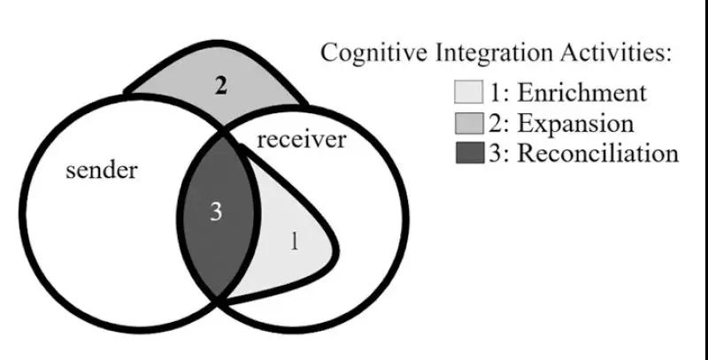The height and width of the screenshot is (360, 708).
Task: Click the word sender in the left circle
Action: point(103,170)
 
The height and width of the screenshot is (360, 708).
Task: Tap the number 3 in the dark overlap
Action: point(216,212)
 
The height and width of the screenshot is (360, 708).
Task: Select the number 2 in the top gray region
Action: point(221,87)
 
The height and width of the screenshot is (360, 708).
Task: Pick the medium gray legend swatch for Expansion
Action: point(467,123)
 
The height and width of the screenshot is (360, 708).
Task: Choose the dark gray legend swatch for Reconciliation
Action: point(467,153)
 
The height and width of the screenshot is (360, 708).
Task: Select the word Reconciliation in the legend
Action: point(597,153)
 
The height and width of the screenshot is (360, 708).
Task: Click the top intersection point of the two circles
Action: point(220,133)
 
